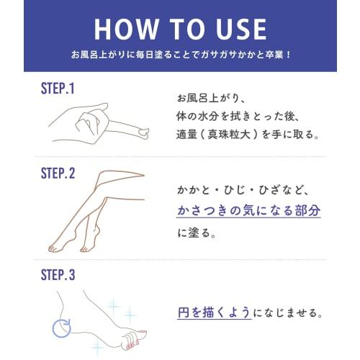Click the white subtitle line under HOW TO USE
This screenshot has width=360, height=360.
click(180, 55)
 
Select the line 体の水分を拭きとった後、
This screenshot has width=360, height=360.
click(235, 115)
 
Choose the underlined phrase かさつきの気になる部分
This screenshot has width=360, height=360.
click(248, 210)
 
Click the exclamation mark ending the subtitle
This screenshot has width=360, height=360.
click(288, 55)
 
